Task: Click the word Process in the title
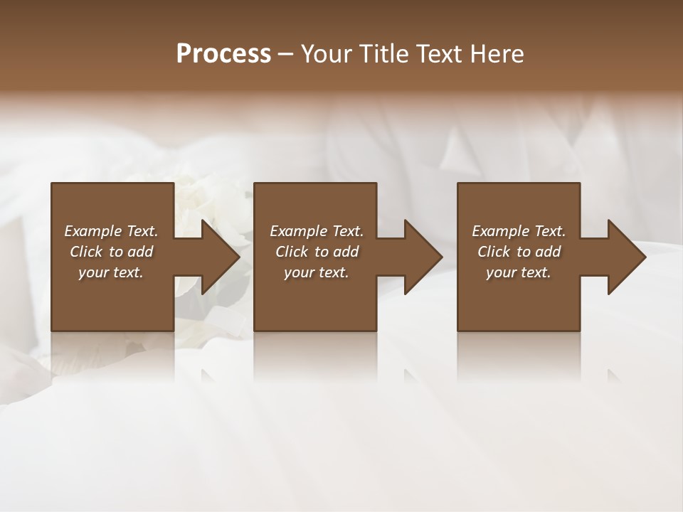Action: (x=223, y=53)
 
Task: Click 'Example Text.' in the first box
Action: (x=111, y=231)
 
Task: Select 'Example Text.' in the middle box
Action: (x=317, y=231)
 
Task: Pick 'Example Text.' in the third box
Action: (x=519, y=231)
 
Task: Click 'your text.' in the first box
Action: (x=111, y=272)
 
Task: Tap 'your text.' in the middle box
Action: (x=317, y=272)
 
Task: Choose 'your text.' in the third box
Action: (x=519, y=272)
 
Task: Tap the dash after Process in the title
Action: (x=285, y=55)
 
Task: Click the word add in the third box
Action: (x=549, y=252)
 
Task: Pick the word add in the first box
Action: (x=141, y=252)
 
